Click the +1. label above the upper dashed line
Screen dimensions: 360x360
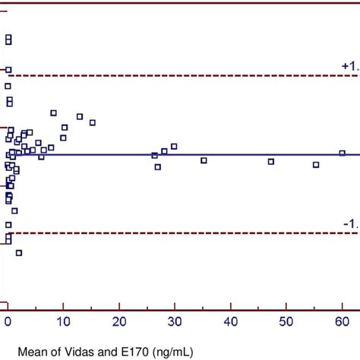[x=349, y=67]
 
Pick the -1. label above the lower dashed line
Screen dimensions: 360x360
[x=350, y=224]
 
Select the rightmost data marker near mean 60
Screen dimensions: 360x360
[x=342, y=153]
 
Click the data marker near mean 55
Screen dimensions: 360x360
[x=316, y=165]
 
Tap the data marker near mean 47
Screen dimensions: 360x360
[x=271, y=161]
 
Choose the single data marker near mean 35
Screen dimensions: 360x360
[x=204, y=160]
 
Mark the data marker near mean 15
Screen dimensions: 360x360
[x=93, y=122]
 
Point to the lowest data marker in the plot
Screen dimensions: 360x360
[x=19, y=253]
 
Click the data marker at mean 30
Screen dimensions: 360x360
[x=174, y=147]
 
